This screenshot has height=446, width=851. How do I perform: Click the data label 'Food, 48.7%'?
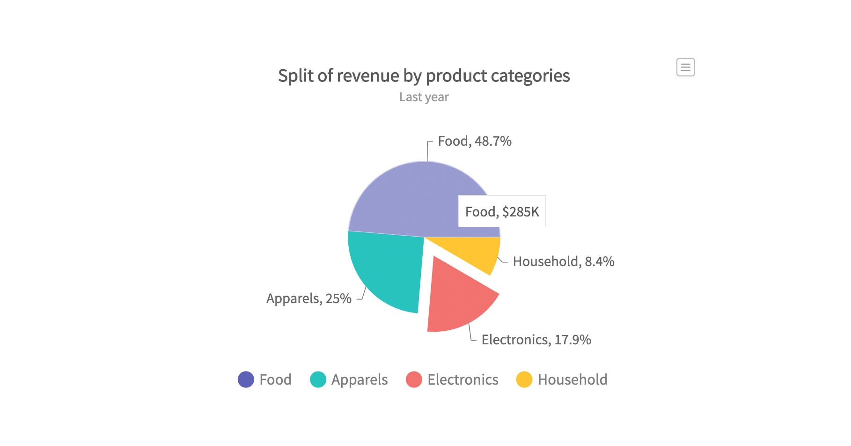coord(474,141)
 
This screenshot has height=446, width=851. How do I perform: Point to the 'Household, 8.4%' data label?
coord(563,261)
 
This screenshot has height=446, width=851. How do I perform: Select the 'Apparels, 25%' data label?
coord(308,298)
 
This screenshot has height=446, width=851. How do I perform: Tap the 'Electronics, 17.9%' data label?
coord(536,340)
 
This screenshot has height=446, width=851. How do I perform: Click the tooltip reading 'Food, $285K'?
coord(502,212)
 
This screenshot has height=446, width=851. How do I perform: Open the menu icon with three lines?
coord(685,67)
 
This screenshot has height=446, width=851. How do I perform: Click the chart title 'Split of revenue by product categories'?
coord(424,76)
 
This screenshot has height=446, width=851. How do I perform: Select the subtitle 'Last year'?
coord(424,97)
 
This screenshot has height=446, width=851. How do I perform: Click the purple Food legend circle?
coord(246,379)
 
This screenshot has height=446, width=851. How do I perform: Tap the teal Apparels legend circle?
coord(318,379)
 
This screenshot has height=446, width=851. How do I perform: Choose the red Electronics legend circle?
coord(414,379)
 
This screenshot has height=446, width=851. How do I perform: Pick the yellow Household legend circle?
coord(524,379)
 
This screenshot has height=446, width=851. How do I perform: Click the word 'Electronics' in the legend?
coord(462,379)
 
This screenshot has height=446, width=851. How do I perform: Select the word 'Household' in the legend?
coord(572,379)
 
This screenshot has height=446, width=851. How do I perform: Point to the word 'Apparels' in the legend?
coord(359,380)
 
